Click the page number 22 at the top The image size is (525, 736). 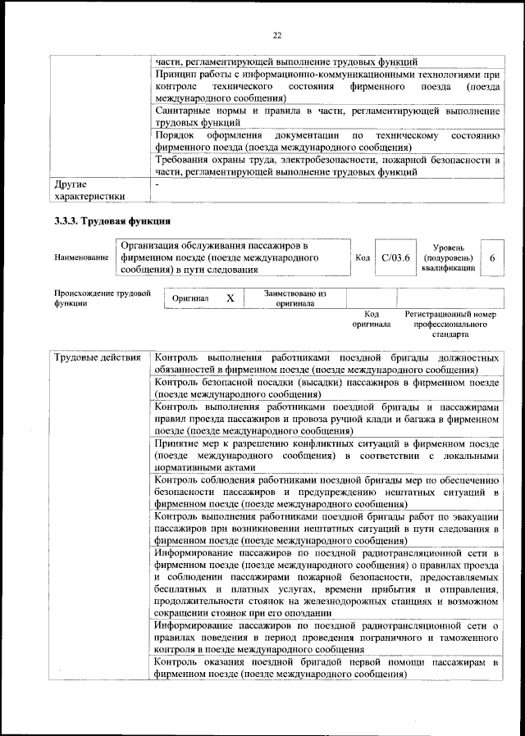[x=276, y=35]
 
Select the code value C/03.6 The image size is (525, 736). [x=395, y=257]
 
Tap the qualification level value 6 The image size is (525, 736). [x=491, y=257]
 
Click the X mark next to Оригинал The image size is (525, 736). [x=231, y=299]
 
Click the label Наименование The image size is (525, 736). [x=81, y=257]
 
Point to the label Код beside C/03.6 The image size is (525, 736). [x=363, y=257]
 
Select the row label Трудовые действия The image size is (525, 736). [x=94, y=358]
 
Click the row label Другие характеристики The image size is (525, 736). [x=89, y=190]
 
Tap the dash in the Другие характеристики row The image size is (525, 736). [x=157, y=185]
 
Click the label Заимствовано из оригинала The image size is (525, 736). [x=294, y=298]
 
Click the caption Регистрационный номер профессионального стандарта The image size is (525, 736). [x=450, y=325]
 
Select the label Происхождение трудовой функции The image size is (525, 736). [x=102, y=298]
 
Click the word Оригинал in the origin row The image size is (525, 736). [x=191, y=299]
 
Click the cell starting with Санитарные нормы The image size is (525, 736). [x=326, y=116]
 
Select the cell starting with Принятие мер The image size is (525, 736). [x=326, y=455]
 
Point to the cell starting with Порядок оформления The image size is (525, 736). [x=326, y=140]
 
